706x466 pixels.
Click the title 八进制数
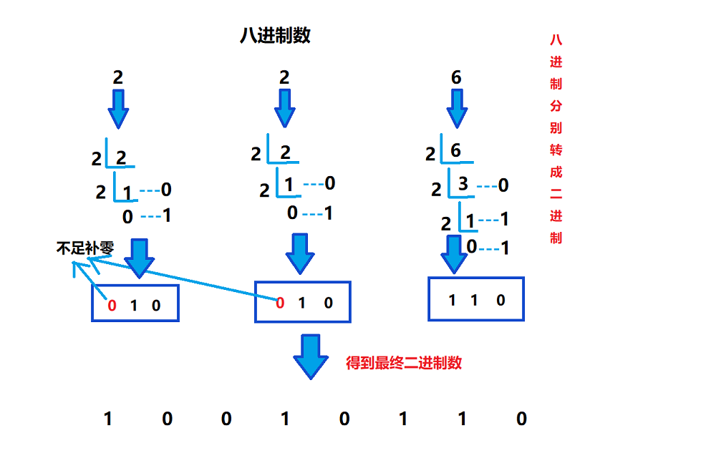click(275, 36)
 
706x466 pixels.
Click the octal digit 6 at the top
click(456, 77)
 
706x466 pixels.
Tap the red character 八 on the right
click(556, 40)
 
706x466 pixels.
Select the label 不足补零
click(84, 248)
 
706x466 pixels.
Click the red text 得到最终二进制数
click(404, 363)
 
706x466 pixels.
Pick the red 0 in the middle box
click(280, 303)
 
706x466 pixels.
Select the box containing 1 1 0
click(475, 299)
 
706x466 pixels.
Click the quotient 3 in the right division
click(463, 185)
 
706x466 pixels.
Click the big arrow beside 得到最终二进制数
click(311, 356)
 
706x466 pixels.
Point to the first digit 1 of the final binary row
click(108, 419)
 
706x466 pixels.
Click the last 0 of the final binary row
click(521, 419)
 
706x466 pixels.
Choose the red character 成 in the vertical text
click(556, 172)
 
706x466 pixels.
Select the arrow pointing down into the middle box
click(299, 254)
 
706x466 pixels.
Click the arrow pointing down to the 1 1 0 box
click(453, 254)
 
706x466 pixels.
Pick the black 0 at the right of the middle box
click(329, 303)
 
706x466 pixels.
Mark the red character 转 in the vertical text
click(556, 150)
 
